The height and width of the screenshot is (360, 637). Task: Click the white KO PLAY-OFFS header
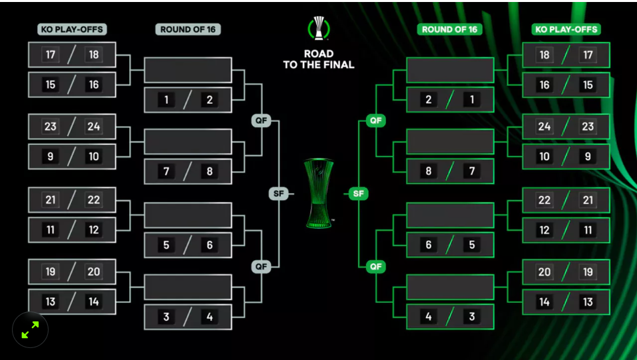pos(72,29)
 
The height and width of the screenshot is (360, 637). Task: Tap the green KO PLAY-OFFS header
pos(566,29)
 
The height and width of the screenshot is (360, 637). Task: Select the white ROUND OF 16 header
pos(188,29)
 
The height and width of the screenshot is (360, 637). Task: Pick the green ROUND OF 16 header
pos(450,29)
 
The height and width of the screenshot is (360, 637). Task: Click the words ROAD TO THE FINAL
pos(318,59)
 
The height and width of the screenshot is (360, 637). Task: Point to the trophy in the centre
pos(318,194)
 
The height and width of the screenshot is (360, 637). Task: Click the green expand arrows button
pos(30,329)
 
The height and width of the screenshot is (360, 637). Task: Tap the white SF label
pos(278,194)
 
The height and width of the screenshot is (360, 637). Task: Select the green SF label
pos(358,194)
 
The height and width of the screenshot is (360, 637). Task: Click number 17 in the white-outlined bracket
pos(51,55)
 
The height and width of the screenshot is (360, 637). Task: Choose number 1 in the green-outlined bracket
pos(472,100)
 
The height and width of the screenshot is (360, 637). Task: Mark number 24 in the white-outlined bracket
pos(94,126)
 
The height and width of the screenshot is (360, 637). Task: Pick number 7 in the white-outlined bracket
pos(166,172)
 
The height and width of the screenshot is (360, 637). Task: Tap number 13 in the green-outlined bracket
pos(588,302)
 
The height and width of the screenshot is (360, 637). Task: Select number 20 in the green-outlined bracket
pos(544,271)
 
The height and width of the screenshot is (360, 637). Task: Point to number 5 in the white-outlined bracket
pos(166,245)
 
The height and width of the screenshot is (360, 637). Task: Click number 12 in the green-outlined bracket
pos(544,230)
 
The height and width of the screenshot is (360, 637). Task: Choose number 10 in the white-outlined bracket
pos(94,157)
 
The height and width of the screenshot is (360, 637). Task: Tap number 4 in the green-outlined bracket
pos(429,317)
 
